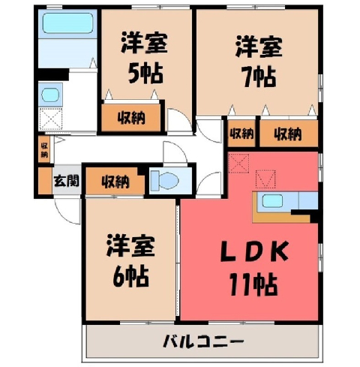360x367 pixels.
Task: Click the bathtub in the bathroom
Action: click(67, 23)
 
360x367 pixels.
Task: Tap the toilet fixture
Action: click(165, 180)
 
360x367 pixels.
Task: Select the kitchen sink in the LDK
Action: click(272, 201)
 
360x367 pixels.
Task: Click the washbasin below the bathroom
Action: click(50, 95)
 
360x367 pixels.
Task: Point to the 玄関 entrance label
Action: click(67, 181)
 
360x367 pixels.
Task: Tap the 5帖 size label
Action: click(145, 74)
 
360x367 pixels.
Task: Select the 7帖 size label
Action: click(259, 77)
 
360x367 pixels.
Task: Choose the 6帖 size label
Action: click(130, 277)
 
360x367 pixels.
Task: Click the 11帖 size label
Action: click(253, 284)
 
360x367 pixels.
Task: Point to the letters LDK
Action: click(254, 251)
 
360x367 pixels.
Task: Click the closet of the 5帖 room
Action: click(130, 118)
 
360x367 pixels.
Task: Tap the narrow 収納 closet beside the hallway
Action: click(44, 149)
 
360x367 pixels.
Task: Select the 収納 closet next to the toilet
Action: click(115, 181)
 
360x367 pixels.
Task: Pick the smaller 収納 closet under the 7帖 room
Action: click(241, 134)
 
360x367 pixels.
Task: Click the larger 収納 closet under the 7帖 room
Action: click(289, 134)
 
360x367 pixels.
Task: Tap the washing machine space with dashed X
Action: click(50, 119)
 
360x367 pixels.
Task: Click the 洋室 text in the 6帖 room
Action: click(130, 246)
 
